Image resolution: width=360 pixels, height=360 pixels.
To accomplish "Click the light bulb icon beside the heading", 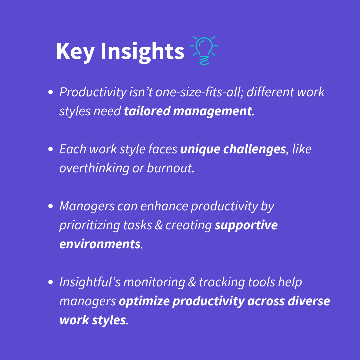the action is point(204,50).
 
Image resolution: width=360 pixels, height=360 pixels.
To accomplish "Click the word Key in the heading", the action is point(75,52).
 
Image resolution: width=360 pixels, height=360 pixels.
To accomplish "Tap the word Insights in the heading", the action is point(142,52).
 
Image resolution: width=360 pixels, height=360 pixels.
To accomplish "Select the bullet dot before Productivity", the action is point(51,92).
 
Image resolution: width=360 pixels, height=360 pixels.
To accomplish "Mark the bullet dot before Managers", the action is point(51,206).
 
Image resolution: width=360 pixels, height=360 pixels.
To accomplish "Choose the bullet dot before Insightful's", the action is point(51,282).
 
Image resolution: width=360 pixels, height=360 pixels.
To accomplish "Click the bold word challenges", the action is point(255,150).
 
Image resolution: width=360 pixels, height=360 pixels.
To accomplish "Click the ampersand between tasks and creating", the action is point(159,225).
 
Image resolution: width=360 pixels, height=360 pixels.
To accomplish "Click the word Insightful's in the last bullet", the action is point(90,282).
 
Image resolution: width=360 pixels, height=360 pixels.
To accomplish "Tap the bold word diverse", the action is point(309,301).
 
